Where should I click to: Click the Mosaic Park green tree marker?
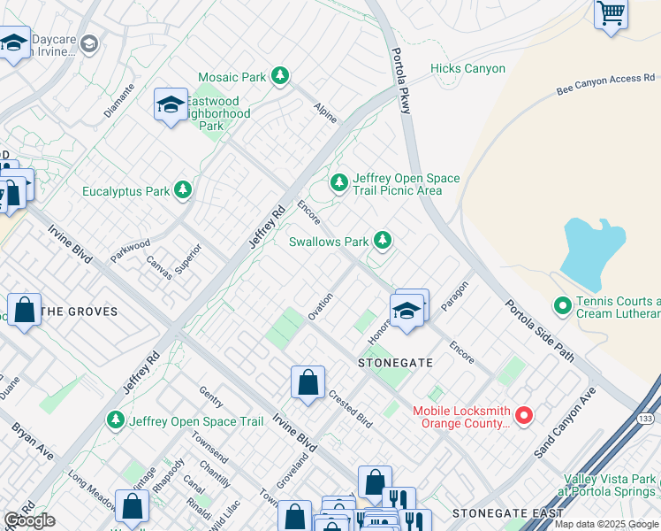click(280, 77)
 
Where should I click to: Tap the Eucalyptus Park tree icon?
click(183, 190)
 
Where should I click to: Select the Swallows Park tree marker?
click(382, 240)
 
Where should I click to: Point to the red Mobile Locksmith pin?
click(523, 414)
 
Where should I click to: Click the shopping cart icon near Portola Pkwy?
click(611, 14)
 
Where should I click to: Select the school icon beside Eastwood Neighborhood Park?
click(171, 105)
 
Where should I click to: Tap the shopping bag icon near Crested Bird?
click(308, 383)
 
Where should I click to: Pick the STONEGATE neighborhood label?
click(394, 363)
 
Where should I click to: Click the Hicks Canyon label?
click(467, 68)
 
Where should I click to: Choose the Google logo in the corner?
click(29, 520)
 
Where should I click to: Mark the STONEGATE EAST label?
click(507, 513)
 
